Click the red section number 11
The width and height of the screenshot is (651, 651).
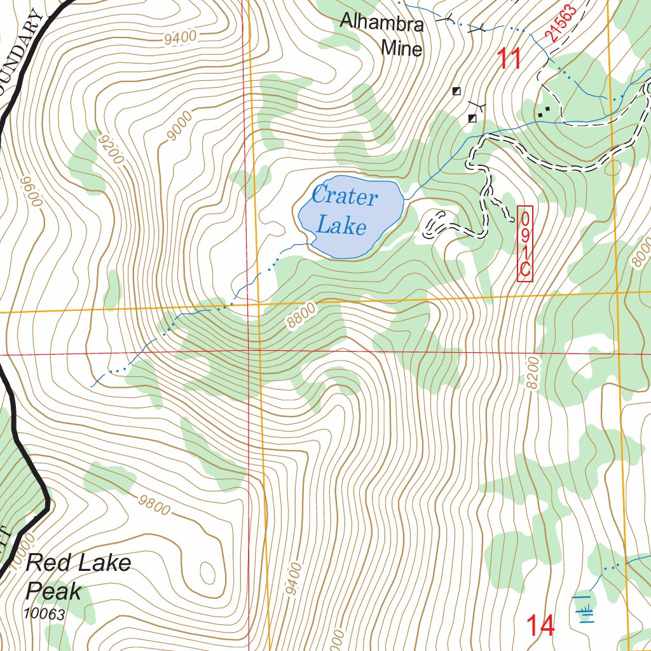pos(509,59)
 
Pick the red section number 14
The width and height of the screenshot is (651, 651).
pos(540,626)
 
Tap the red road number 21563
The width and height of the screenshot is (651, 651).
pos(560,24)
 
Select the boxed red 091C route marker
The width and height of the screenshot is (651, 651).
pos(524,243)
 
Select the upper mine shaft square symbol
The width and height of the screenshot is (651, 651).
pos(456,91)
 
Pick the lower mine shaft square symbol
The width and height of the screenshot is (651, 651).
pos(472,118)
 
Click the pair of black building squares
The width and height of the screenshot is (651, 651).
pos(544,111)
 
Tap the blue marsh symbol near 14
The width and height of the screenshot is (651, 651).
pos(584,607)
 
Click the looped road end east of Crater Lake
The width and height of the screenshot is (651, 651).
pos(435,224)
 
